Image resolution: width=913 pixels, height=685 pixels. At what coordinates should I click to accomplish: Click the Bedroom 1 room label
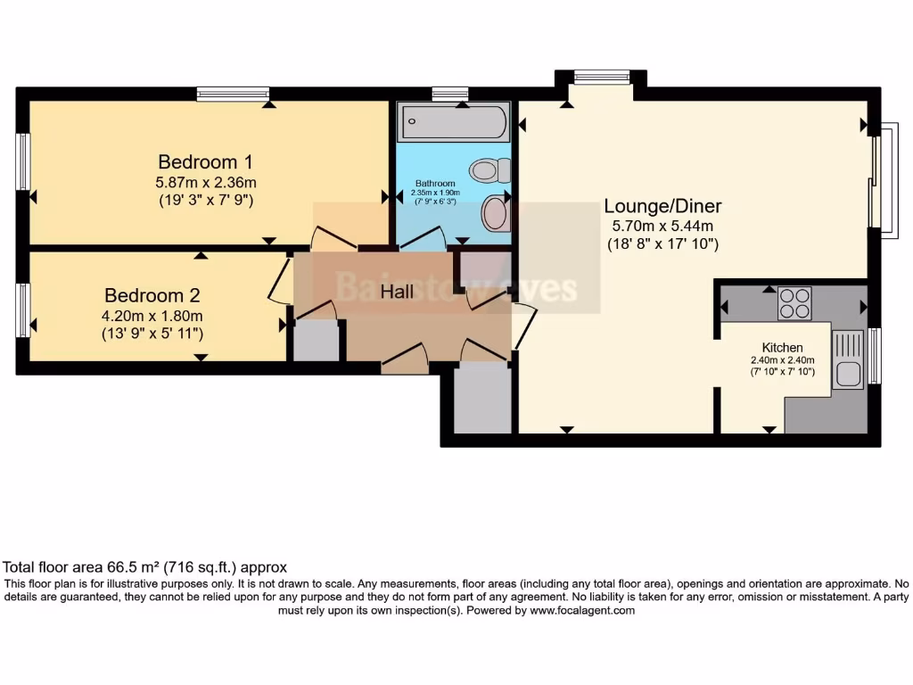pyautogui.click(x=206, y=162)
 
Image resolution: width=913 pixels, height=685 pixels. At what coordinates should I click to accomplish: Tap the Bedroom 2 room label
pyautogui.click(x=152, y=295)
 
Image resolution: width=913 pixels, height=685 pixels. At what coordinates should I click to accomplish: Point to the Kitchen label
pyautogui.click(x=782, y=347)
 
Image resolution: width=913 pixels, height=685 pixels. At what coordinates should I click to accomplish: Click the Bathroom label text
pyautogui.click(x=435, y=184)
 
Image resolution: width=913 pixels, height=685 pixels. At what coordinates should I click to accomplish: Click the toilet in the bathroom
pyautogui.click(x=490, y=169)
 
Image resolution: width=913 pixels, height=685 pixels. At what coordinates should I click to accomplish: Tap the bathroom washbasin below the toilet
pyautogui.click(x=495, y=214)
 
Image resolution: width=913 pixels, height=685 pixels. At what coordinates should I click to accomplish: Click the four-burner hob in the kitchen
pyautogui.click(x=794, y=302)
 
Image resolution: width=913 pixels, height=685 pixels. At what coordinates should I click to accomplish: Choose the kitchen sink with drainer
pyautogui.click(x=848, y=359)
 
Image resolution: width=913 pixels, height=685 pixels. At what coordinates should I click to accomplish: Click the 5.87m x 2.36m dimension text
pyautogui.click(x=206, y=182)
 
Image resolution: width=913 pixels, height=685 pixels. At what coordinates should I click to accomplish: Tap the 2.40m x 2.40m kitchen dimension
pyautogui.click(x=782, y=360)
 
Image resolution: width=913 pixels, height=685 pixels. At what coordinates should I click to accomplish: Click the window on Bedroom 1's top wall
pyautogui.click(x=233, y=94)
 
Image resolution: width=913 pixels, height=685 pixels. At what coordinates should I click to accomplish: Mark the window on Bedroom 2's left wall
pyautogui.click(x=23, y=310)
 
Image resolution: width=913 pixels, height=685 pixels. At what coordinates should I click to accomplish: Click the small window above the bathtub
pyautogui.click(x=450, y=94)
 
